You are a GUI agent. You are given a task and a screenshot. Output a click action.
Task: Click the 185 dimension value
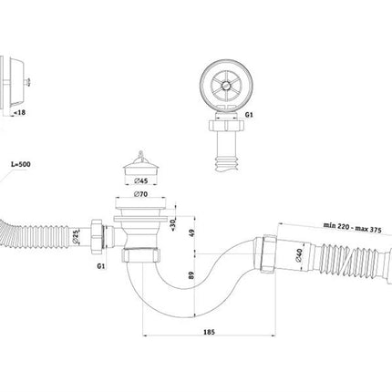point(209,332)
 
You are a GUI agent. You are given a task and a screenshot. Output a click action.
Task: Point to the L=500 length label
point(21,164)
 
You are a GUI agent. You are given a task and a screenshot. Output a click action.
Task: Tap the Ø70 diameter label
point(140,194)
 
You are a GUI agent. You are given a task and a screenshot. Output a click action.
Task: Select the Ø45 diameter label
point(140,181)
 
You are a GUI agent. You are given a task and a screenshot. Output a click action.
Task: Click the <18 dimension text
point(20,112)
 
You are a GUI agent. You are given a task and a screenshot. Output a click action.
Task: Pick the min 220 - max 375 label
point(352,227)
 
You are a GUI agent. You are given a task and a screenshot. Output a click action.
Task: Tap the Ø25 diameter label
point(76,237)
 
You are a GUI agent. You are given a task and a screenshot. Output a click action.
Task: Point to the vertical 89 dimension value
point(191,275)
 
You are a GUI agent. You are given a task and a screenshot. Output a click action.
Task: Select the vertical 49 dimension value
point(191,233)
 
